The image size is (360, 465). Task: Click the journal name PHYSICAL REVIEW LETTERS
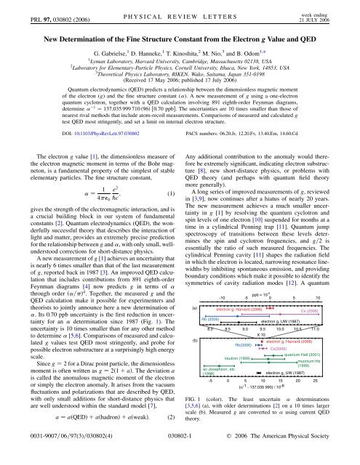point(180,9)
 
